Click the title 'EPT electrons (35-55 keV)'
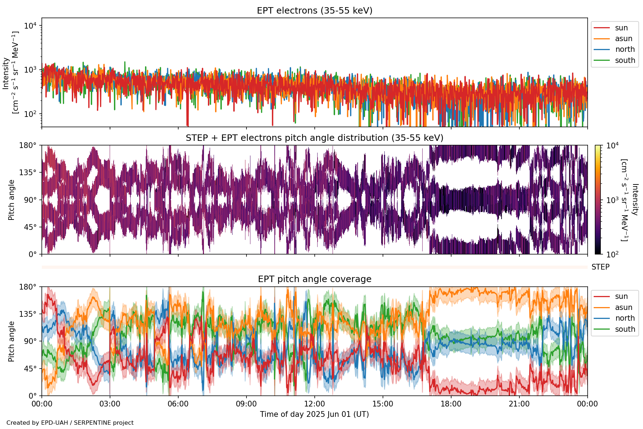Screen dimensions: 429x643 314,11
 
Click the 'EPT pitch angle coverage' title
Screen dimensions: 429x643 314,279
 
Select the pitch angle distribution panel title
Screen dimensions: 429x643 314,138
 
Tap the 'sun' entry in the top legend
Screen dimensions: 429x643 621,28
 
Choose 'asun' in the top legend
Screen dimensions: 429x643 623,39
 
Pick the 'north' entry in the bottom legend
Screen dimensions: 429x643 625,318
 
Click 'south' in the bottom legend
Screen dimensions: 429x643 625,329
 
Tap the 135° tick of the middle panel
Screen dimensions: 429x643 28,173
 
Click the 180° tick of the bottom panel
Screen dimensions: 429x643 28,287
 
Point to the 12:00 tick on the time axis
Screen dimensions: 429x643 314,404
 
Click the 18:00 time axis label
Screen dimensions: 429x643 451,404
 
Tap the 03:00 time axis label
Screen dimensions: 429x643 110,404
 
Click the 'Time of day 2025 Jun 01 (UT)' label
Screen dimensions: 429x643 314,414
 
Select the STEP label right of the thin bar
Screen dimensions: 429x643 600,267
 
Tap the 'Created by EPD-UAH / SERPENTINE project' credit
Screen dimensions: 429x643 70,423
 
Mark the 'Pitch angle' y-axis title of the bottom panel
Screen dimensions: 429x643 11,341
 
